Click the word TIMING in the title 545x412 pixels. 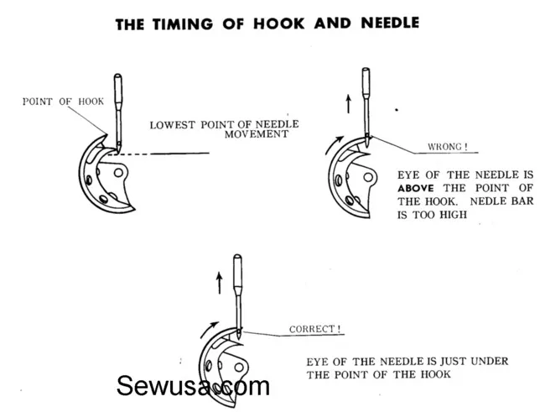coord(183,23)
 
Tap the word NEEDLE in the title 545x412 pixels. coord(390,23)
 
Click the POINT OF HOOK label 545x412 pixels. coord(63,102)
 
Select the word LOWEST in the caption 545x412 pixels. coord(173,125)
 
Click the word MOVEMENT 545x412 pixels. coord(257,134)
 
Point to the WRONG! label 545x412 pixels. coord(448,147)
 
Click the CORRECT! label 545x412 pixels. coord(315,329)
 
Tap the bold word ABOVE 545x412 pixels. coord(416,188)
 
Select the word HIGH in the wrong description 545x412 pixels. coord(454,215)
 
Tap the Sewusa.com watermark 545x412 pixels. coord(193,386)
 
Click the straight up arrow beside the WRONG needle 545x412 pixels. coord(348,104)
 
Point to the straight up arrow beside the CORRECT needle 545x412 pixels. coord(219,283)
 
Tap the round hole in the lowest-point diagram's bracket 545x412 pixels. coord(118,173)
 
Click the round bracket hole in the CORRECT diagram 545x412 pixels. coord(239,368)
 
